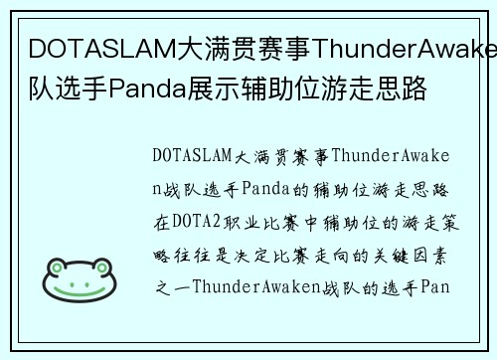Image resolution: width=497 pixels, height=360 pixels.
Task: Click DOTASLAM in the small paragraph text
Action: tap(192, 156)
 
